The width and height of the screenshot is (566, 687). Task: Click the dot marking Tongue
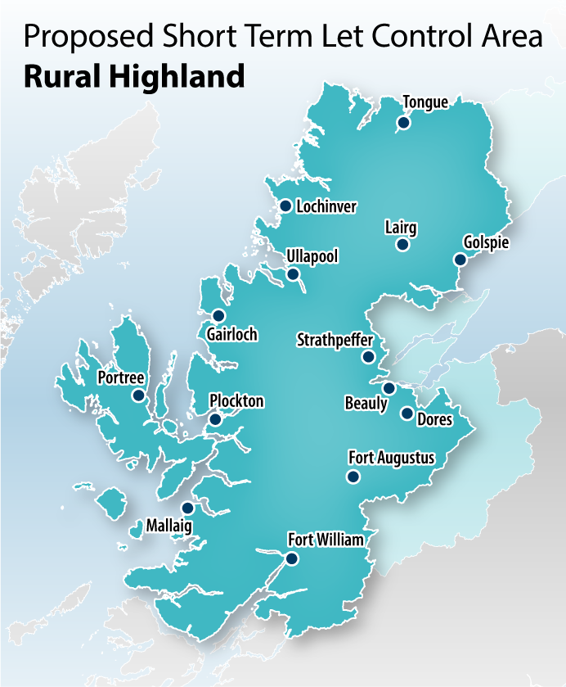point(402,123)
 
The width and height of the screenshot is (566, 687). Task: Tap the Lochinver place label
point(326,207)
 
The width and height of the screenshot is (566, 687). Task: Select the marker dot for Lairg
point(402,244)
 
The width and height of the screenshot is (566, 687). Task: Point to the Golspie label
point(486,243)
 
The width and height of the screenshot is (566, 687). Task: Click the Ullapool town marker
point(293,274)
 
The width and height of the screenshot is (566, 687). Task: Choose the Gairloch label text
point(232,334)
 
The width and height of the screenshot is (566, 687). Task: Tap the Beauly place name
point(366,404)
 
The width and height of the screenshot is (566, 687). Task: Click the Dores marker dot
point(407,413)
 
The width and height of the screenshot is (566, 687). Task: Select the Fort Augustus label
point(391,458)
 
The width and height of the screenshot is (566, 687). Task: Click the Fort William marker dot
point(291,558)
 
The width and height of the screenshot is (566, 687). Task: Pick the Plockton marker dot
point(214,419)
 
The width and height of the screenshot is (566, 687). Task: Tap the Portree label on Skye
point(120,377)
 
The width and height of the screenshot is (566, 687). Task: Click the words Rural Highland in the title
point(134,76)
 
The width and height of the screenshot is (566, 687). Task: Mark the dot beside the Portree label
point(137,395)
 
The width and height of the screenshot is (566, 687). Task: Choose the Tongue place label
point(425,102)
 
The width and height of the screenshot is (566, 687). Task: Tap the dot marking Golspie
point(460,260)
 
